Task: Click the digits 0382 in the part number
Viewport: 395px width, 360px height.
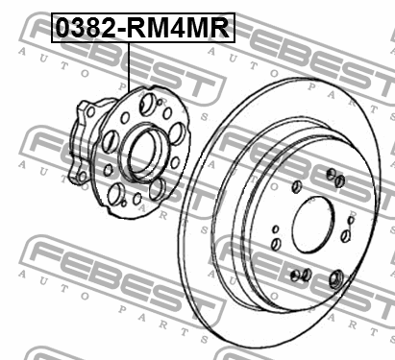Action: [86, 27]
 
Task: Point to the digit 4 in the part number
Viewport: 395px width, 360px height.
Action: [176, 27]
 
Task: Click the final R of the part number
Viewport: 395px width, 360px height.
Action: [218, 27]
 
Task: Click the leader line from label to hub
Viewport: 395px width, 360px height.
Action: [128, 67]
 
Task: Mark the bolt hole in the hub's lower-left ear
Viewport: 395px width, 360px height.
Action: [113, 200]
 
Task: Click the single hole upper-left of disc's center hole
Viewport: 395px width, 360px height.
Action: [296, 184]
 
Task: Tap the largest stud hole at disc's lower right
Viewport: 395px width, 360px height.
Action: [336, 279]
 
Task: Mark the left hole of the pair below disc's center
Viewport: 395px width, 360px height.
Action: [295, 275]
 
